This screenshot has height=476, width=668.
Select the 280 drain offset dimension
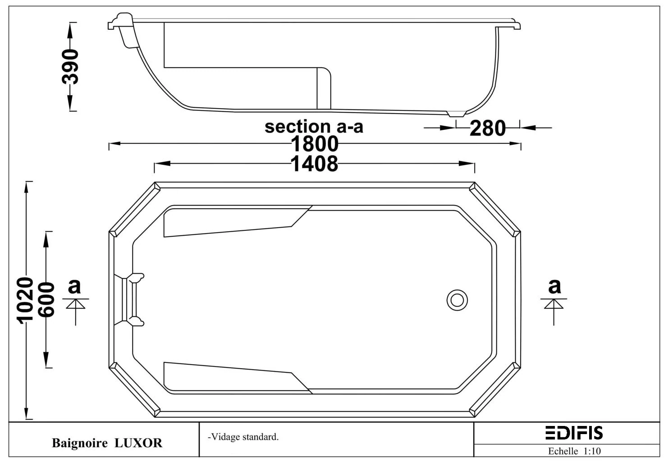click(488, 128)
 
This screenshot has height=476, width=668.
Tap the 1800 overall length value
click(314, 144)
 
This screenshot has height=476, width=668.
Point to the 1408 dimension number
click(314, 164)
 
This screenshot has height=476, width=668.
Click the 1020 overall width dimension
click(25, 300)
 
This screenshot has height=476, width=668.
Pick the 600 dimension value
click(46, 300)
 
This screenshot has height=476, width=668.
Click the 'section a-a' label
click(314, 127)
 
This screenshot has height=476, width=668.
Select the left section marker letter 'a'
click(74, 286)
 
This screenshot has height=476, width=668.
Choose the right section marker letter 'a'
click(554, 286)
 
